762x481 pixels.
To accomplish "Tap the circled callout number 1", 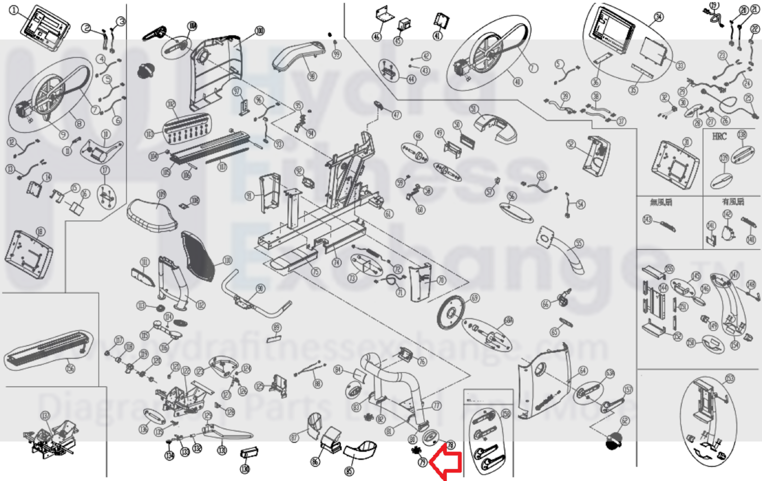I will tap(14, 10).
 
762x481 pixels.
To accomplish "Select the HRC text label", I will tap(719, 136).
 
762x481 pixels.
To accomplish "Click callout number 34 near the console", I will tap(658, 18).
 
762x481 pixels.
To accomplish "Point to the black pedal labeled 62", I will tap(613, 440).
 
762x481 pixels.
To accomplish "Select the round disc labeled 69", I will tap(450, 312).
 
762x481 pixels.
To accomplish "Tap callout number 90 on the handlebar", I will tap(260, 288).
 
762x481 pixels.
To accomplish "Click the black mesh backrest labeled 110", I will tap(198, 255).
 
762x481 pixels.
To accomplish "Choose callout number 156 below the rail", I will tap(71, 368).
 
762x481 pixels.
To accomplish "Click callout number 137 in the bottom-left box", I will tap(45, 416).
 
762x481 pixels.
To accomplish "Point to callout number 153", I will tap(730, 379).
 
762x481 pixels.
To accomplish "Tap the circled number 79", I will tap(422, 462).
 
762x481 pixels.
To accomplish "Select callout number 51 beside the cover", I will tap(474, 109).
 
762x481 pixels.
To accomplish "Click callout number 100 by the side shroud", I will tap(260, 31).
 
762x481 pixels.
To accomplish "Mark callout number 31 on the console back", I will tap(687, 142).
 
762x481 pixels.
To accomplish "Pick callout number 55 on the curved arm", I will tap(579, 244).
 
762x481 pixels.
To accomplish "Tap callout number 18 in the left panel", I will tap(41, 232).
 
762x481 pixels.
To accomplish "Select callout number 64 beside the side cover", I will tap(583, 370).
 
